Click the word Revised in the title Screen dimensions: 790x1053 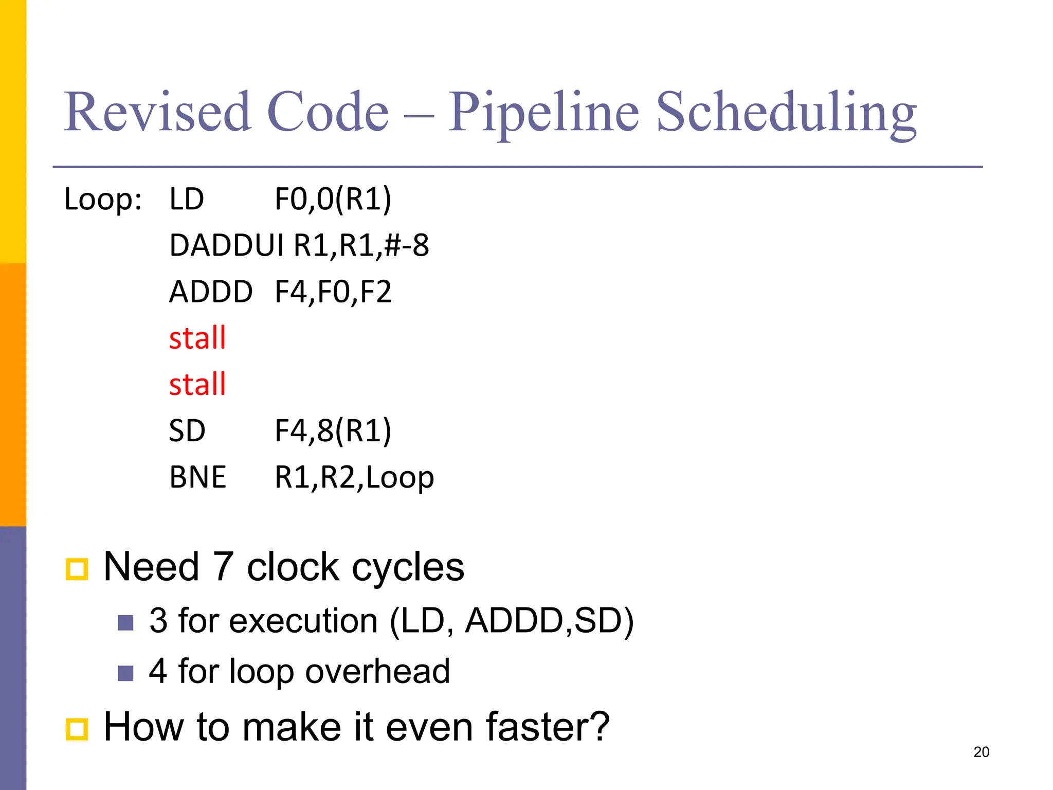click(x=157, y=112)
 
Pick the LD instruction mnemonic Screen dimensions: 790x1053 click(x=187, y=199)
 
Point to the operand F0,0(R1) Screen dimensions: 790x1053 click(x=333, y=199)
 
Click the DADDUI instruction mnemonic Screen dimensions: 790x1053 click(x=226, y=245)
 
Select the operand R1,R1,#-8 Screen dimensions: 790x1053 click(x=361, y=245)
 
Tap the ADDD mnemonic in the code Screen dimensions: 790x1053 click(x=211, y=292)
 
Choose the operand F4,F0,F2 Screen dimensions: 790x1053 click(x=333, y=292)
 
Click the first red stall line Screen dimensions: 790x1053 click(x=197, y=338)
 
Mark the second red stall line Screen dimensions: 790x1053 click(x=197, y=384)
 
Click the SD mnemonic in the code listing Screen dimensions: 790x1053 click(x=187, y=430)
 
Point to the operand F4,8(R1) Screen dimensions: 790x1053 click(x=333, y=430)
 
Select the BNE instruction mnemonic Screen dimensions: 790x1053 click(x=198, y=477)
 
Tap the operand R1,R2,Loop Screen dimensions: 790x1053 click(x=354, y=477)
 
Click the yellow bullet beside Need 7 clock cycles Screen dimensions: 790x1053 click(x=77, y=569)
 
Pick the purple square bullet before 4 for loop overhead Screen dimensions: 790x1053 click(x=125, y=673)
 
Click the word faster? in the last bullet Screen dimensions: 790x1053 click(x=547, y=727)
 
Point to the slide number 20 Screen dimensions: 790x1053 click(x=981, y=752)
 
